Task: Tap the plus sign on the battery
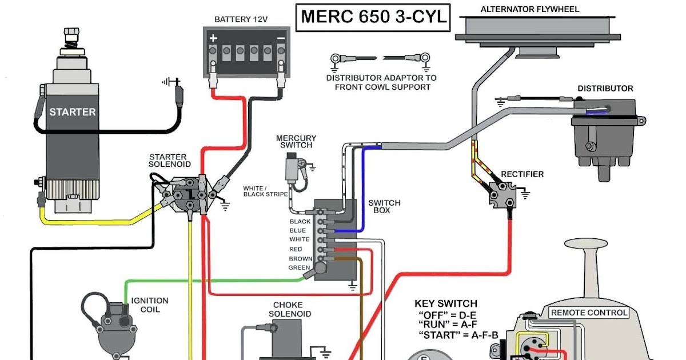(213, 38)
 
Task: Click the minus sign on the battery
(280, 38)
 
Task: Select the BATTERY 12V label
(241, 19)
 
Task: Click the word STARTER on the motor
(72, 112)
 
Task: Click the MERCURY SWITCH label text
(296, 142)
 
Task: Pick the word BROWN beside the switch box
(301, 259)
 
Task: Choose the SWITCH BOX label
(384, 206)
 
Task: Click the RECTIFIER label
(522, 174)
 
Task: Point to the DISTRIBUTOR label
(605, 89)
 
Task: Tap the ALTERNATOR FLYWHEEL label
(521, 10)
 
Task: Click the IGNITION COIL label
(150, 305)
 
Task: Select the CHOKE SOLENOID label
(292, 309)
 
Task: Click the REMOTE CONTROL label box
(589, 313)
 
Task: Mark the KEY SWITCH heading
(445, 303)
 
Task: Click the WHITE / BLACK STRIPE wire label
(265, 191)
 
